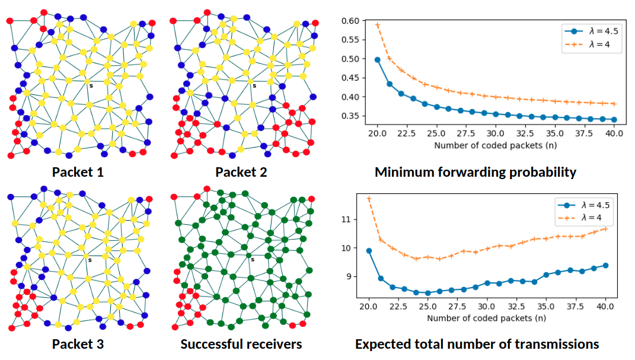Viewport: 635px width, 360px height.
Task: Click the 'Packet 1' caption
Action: coord(78,173)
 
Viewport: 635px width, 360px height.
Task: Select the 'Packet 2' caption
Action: coord(241,173)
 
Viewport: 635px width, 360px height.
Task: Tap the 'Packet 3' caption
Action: coord(78,344)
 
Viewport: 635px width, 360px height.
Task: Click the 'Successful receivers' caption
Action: coord(241,344)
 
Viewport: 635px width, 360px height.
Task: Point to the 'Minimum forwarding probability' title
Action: coord(476,173)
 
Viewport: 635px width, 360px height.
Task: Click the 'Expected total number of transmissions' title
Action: coord(477,344)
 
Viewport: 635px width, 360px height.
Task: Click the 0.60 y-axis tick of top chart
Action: coord(351,21)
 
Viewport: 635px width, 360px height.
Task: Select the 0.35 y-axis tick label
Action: coord(351,116)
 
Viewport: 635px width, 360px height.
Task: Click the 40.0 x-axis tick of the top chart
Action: coord(614,134)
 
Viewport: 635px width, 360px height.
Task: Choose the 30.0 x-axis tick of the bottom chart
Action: coord(486,307)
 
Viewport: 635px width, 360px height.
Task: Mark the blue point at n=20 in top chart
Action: coord(378,60)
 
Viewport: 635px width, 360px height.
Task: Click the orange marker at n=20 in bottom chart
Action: coord(369,199)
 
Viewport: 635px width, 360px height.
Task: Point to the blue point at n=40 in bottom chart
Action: coord(605,265)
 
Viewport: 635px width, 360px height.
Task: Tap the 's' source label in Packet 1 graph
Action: coord(90,86)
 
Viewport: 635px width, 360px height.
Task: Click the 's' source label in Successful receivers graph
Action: coord(253,259)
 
